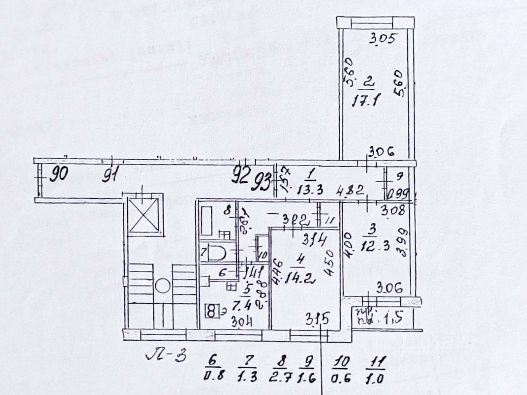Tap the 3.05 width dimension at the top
pos(382,40)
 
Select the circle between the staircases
pos(163,286)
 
